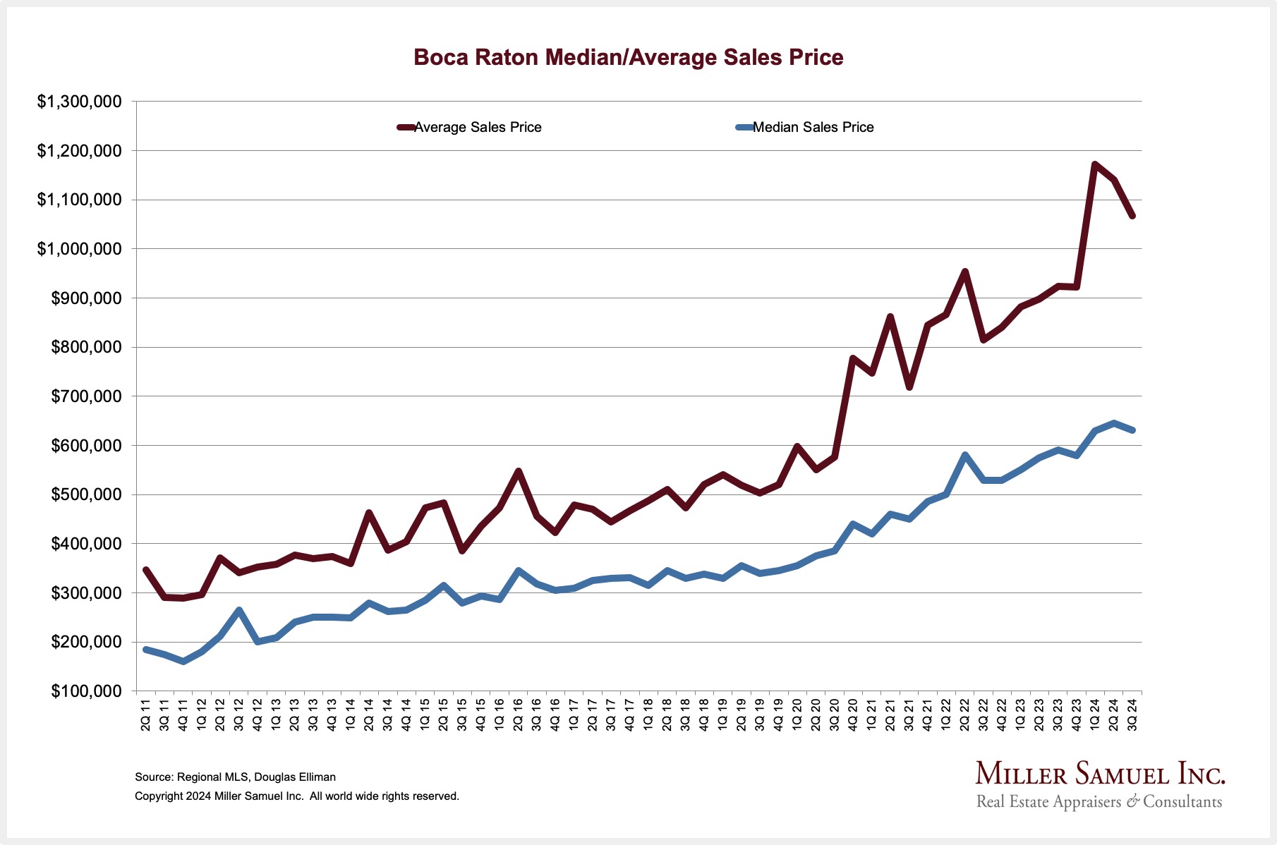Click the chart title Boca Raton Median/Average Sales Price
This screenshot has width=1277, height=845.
pyautogui.click(x=628, y=57)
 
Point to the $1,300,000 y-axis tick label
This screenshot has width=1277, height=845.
pyautogui.click(x=79, y=102)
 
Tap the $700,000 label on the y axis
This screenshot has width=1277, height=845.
pyautogui.click(x=85, y=396)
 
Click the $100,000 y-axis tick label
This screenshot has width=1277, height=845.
pyautogui.click(x=85, y=691)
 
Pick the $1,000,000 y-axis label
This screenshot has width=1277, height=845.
pyautogui.click(x=79, y=249)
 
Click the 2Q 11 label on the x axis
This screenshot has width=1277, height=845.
pyautogui.click(x=146, y=715)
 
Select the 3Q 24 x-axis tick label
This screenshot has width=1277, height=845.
pyautogui.click(x=1132, y=715)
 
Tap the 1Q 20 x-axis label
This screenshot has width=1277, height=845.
pyautogui.click(x=797, y=715)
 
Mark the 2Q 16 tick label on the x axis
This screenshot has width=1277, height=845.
pyautogui.click(x=519, y=715)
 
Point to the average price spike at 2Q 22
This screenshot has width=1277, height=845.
pyautogui.click(x=964, y=272)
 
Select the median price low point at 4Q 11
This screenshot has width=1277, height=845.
pyautogui.click(x=183, y=662)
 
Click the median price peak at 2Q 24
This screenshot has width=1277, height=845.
pyautogui.click(x=1113, y=423)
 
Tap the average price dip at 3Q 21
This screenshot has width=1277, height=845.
pyautogui.click(x=909, y=387)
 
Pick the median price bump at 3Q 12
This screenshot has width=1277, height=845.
pyautogui.click(x=239, y=610)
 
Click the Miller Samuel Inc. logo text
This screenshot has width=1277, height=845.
pyautogui.click(x=1100, y=774)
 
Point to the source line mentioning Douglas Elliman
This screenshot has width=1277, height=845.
pyautogui.click(x=235, y=777)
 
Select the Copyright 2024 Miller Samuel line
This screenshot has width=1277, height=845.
pyautogui.click(x=296, y=796)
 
